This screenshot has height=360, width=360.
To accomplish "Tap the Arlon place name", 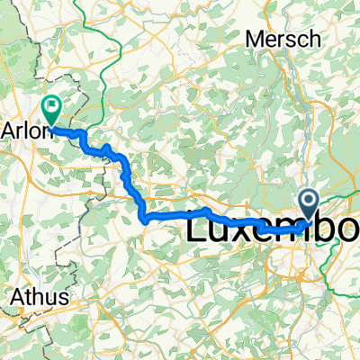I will (27, 126).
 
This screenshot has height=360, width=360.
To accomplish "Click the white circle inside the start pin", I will (308, 200).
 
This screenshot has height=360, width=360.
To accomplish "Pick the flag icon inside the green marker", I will (52, 108).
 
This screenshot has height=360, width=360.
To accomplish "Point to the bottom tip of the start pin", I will (308, 219).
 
